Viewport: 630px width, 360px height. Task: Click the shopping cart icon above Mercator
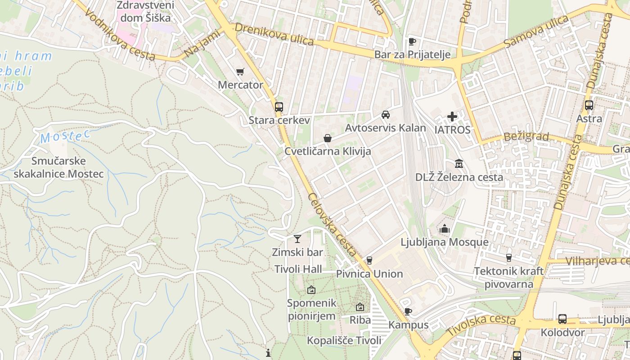tap(240, 72)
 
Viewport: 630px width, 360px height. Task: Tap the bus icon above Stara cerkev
tap(279, 107)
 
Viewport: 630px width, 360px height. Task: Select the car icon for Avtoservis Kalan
tap(386, 115)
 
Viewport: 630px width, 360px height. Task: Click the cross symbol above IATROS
tap(452, 117)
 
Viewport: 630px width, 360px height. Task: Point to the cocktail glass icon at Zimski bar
tap(297, 238)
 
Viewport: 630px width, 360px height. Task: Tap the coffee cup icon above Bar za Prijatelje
tap(412, 42)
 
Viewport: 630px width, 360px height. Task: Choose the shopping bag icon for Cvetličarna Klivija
tap(328, 138)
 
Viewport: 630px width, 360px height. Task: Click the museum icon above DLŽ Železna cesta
tap(459, 163)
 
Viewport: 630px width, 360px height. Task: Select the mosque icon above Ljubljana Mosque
tap(445, 229)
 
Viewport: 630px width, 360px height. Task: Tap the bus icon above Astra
tap(589, 105)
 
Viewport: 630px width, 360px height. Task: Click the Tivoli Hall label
tap(298, 269)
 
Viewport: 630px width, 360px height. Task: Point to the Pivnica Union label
tap(369, 274)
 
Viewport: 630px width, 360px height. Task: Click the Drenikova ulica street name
tap(274, 34)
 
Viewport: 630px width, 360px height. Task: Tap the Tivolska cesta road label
tap(481, 325)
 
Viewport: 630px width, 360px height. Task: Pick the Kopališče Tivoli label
tap(344, 340)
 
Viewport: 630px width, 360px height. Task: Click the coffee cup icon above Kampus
tap(408, 311)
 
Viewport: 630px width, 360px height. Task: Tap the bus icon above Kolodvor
tap(562, 319)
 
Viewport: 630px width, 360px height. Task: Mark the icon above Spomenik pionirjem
tap(311, 290)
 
